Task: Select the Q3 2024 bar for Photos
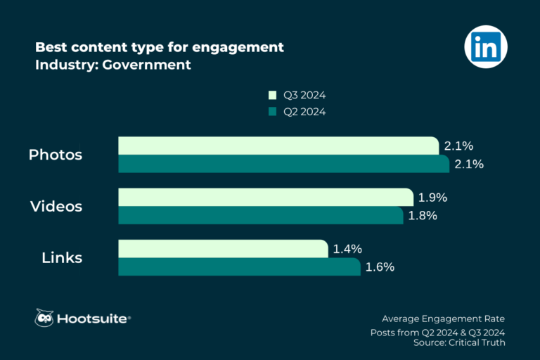coord(279,146)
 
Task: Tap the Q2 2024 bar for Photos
coord(283,164)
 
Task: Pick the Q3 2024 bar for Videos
coord(266,197)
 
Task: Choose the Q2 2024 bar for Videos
coord(260,215)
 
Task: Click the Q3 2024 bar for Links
coord(223,248)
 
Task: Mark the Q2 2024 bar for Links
coord(240,266)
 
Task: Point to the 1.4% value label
coord(347,248)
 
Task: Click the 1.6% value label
coord(380,267)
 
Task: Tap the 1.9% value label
coord(432,198)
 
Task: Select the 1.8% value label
coord(423,216)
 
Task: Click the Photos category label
coord(56,155)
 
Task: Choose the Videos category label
coord(56,207)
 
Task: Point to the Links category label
coord(62,258)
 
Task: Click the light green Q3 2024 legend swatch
coord(271,95)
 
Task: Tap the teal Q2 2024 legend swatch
coord(271,111)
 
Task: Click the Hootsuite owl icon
coord(44,319)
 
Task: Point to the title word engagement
coord(235,47)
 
